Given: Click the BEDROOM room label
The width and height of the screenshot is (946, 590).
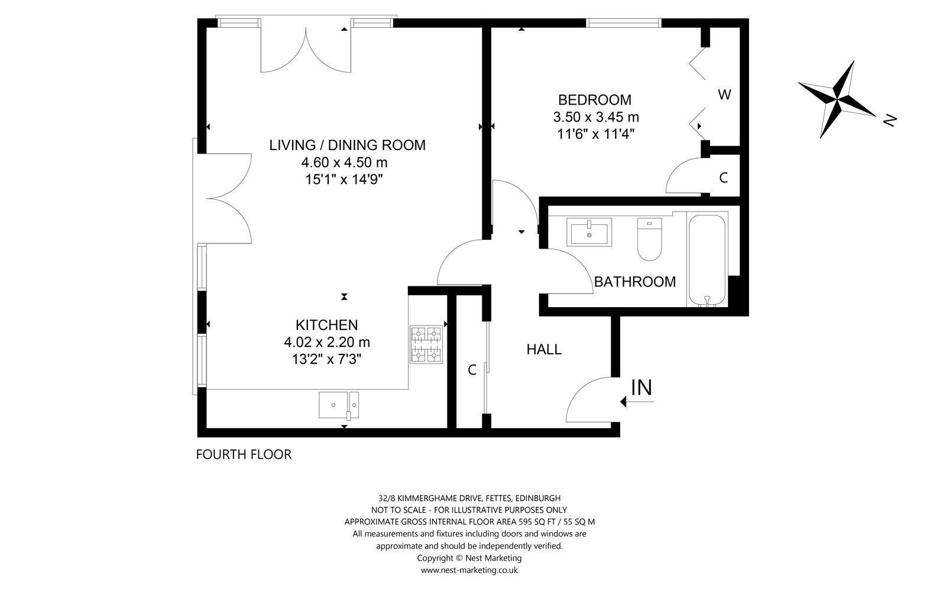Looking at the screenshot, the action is click(595, 100).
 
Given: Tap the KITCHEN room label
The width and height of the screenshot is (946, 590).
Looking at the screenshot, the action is click(326, 325).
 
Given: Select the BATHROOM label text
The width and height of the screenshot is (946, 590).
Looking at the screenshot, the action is click(635, 282).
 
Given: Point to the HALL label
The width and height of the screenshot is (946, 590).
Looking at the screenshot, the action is click(544, 349).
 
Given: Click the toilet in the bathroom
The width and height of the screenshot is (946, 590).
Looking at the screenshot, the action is click(649, 239).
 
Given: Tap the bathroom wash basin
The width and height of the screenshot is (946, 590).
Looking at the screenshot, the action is click(589, 232).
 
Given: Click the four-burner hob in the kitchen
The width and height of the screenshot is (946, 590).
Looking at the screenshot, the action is click(426, 344).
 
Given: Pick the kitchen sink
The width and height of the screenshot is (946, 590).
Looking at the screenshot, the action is click(339, 405).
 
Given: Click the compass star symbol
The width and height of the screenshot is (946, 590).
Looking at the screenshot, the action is click(837, 100).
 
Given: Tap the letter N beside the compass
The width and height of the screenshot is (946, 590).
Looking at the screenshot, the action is click(889, 120).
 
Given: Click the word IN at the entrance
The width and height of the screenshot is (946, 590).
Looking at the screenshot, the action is click(642, 387).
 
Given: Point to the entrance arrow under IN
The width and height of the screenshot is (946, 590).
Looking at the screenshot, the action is click(637, 402).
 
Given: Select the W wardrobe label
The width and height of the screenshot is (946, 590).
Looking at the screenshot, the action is click(725, 94).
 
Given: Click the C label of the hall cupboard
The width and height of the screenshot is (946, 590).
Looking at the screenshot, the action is click(472, 370).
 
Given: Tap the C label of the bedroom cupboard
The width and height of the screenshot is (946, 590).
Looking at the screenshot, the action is click(724, 178).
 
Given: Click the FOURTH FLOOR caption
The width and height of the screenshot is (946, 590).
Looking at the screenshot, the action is click(244, 454).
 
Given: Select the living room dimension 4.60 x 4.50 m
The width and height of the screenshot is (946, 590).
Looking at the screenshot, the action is click(344, 162).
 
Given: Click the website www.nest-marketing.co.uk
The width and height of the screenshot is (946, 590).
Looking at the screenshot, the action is click(469, 570).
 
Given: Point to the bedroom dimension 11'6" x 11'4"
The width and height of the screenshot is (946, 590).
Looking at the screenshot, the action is click(596, 134).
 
